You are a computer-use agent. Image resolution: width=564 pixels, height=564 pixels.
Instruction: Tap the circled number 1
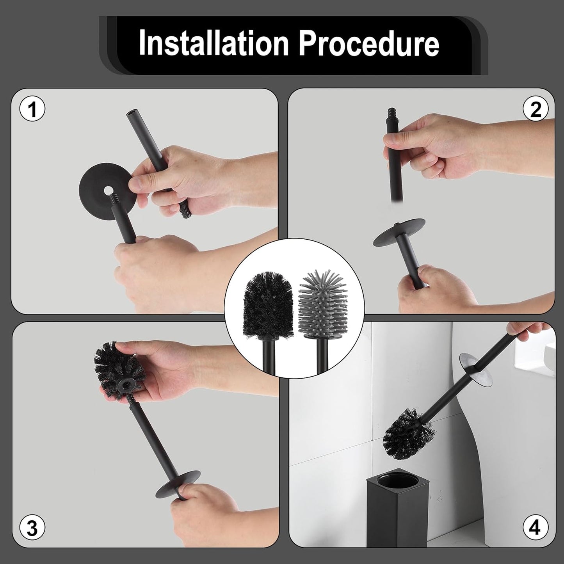tap(32, 110)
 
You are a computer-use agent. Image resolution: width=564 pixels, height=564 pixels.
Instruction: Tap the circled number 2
tap(535, 110)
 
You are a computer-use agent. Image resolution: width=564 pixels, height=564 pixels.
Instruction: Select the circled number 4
tap(535, 529)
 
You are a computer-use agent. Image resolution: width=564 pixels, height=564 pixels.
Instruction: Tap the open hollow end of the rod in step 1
tap(129, 116)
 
